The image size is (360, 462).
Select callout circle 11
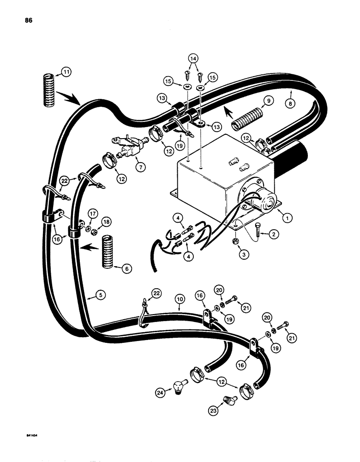click(67, 72)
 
